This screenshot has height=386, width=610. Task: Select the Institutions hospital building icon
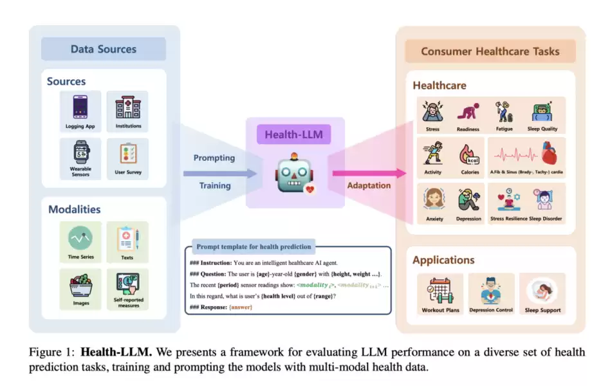[x=127, y=107]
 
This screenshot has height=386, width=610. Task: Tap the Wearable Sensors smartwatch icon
[x=80, y=152]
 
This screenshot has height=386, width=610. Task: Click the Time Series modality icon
[x=80, y=239]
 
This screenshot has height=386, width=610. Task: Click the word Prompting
[x=214, y=158]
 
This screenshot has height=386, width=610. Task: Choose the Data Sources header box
[x=104, y=50]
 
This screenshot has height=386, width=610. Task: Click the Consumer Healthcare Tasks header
[x=490, y=51]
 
